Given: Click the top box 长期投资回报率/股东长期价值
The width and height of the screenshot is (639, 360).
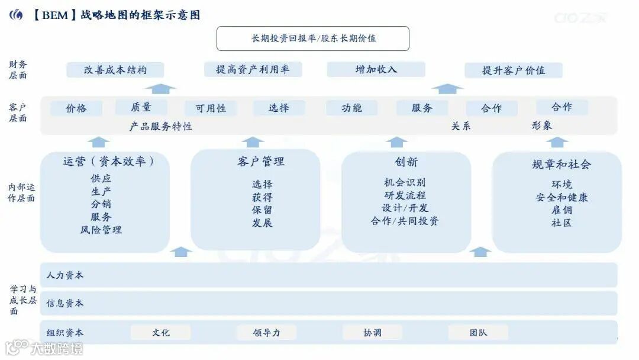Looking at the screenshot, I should (x=313, y=38).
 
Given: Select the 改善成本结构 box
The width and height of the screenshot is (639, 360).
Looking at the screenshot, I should (x=115, y=70).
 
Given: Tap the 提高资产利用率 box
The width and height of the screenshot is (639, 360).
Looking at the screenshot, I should (x=253, y=69).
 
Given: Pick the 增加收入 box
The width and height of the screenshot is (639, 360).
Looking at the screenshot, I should (x=376, y=69).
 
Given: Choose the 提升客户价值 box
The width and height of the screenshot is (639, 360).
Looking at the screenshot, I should (x=513, y=70).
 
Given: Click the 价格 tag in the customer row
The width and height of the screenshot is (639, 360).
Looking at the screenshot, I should (x=76, y=108).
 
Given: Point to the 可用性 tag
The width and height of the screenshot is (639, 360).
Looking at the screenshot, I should (x=211, y=108).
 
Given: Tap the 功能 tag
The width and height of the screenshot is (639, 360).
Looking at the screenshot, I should (x=351, y=108).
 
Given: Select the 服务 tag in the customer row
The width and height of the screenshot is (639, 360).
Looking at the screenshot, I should (x=422, y=108).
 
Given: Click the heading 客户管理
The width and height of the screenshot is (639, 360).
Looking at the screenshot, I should (x=261, y=161).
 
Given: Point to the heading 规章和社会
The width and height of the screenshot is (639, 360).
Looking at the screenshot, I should (x=561, y=164).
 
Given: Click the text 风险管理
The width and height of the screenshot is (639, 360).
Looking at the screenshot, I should (x=101, y=230).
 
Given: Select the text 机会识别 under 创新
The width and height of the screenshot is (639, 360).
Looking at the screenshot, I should (x=405, y=182).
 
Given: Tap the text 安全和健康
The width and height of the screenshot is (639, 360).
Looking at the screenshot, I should (x=561, y=197).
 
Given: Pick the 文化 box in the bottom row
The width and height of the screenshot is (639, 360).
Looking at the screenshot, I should (x=160, y=333).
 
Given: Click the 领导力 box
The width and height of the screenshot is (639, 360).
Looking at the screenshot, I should (x=266, y=333).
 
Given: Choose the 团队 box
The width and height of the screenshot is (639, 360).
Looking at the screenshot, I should (x=478, y=333).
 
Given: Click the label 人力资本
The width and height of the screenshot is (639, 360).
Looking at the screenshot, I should (x=65, y=275).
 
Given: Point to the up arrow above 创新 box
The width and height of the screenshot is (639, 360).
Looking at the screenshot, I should (x=396, y=142).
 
